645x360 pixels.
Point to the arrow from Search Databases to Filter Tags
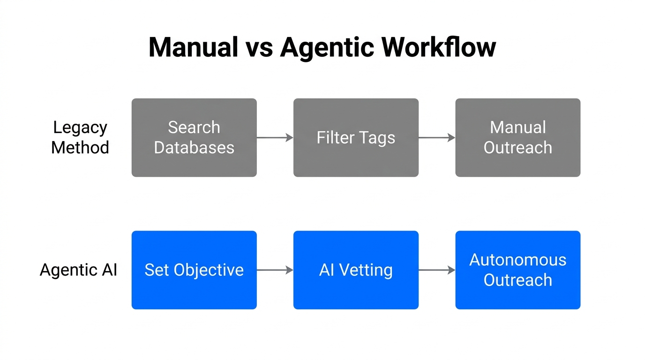tap(275, 137)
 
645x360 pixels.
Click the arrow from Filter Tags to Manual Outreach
tap(436, 137)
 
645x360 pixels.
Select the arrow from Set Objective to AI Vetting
tap(275, 270)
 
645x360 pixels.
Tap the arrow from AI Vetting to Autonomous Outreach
tap(436, 270)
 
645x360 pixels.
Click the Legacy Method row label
tap(80, 137)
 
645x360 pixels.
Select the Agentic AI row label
tap(78, 270)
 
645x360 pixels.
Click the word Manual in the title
tap(193, 47)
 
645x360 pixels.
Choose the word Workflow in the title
tap(438, 47)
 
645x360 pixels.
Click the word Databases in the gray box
tap(194, 148)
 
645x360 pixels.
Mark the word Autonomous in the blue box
tap(517, 260)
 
